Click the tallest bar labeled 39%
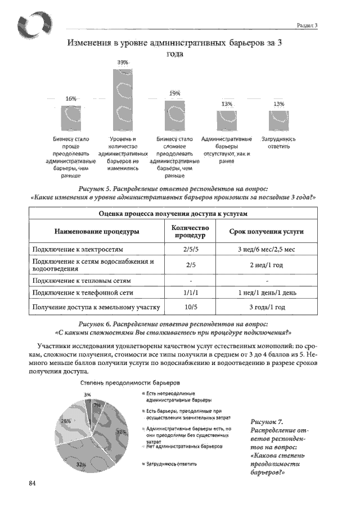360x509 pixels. (x=123, y=100)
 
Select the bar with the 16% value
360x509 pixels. (x=71, y=118)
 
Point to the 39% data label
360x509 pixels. (x=123, y=61)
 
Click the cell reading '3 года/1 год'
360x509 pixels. (x=267, y=307)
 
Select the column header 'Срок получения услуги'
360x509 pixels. (x=267, y=231)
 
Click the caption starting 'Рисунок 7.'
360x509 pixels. (x=276, y=447)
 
